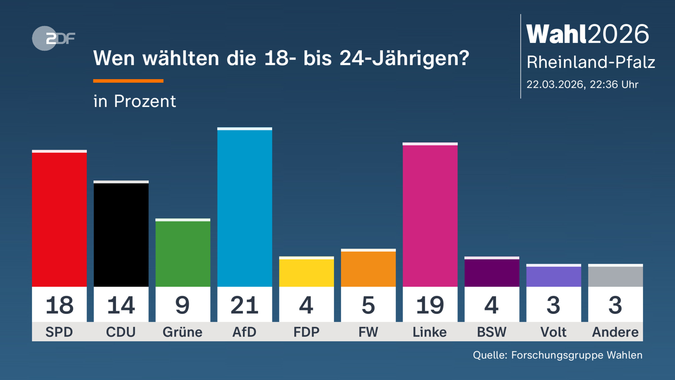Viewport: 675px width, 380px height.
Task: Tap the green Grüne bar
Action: point(183,253)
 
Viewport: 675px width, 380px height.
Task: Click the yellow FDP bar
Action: point(306,272)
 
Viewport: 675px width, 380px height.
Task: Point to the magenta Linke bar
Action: point(430,215)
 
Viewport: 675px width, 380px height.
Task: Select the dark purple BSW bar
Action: point(492,272)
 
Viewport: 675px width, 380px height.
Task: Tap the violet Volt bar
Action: point(553,276)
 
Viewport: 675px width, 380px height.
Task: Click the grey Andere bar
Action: point(615,276)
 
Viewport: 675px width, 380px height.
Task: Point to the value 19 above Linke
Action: point(430,305)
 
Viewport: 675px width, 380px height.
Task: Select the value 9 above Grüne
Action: point(183,305)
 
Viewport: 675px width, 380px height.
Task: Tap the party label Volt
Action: point(553,332)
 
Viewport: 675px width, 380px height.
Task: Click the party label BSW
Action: point(492,332)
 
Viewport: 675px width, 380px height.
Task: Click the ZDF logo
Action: point(53,38)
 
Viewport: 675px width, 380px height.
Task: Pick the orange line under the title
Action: point(128,81)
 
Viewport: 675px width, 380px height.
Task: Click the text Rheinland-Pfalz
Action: point(591,62)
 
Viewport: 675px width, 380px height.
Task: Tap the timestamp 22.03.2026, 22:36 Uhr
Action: point(582,84)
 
